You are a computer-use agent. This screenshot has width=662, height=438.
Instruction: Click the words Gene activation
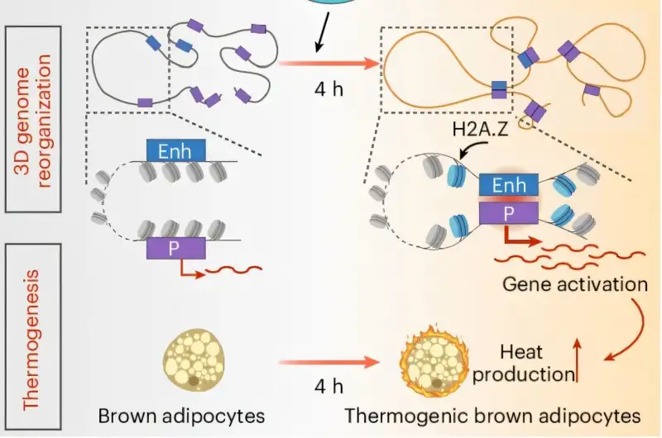point(575,284)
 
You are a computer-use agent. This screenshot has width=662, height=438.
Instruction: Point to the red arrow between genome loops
point(329,63)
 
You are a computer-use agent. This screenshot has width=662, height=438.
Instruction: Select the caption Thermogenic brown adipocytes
point(492,414)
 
